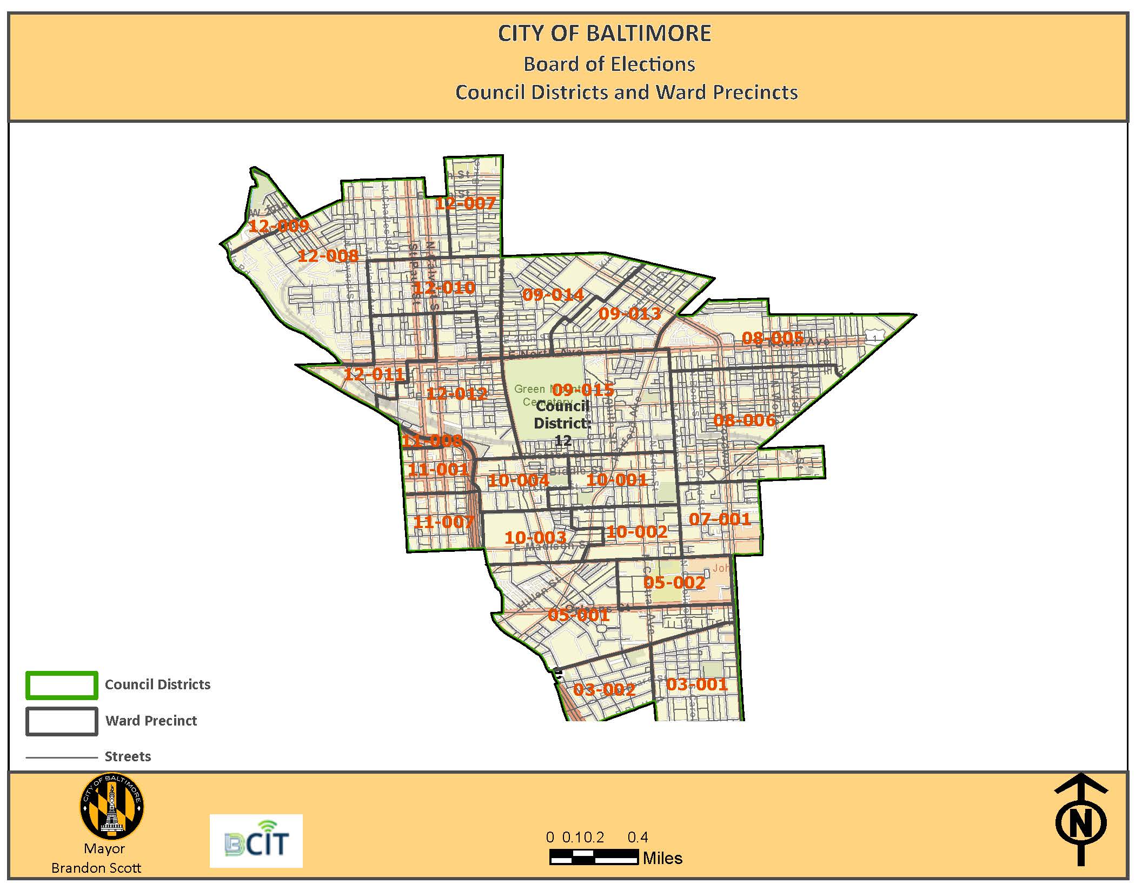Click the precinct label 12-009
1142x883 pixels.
click(x=278, y=226)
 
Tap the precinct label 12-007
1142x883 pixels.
click(x=465, y=203)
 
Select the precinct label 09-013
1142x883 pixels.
click(x=629, y=314)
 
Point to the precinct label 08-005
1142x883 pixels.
click(x=773, y=338)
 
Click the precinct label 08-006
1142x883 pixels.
click(x=744, y=420)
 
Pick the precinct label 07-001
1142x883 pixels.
click(x=720, y=519)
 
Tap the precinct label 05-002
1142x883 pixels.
click(x=674, y=583)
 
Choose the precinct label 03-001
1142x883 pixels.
click(x=696, y=684)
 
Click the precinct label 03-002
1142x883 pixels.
click(x=604, y=690)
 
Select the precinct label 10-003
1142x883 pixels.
click(x=535, y=538)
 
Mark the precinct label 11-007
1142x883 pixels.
click(x=443, y=522)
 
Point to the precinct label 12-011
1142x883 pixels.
click(x=374, y=374)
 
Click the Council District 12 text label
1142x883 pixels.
click(x=562, y=423)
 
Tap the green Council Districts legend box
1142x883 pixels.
click(x=62, y=685)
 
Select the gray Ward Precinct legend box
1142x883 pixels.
click(x=62, y=721)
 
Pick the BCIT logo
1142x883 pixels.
click(x=256, y=841)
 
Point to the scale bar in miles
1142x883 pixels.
click(x=594, y=857)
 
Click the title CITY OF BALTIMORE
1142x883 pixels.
click(x=604, y=34)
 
